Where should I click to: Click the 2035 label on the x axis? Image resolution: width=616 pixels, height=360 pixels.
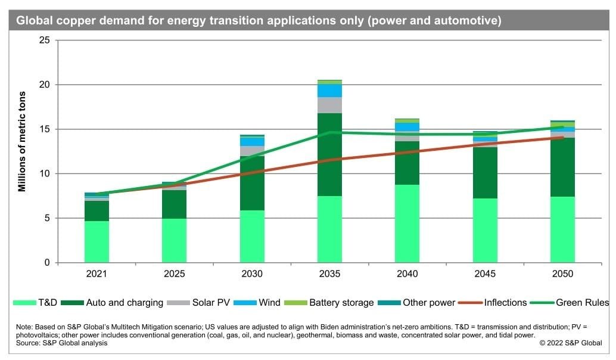click(x=329, y=274)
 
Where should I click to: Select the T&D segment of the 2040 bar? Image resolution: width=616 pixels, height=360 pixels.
click(x=407, y=224)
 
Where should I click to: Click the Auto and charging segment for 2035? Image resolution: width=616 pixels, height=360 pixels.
click(x=329, y=155)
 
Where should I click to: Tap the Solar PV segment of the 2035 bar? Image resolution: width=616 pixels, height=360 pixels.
click(x=329, y=105)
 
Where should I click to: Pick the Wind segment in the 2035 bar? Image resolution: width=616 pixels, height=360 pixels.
click(x=329, y=91)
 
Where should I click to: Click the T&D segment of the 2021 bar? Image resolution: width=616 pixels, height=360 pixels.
click(x=97, y=241)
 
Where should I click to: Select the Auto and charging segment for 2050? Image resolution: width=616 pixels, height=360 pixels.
click(x=562, y=167)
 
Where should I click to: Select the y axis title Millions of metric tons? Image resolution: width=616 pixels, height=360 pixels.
click(x=22, y=141)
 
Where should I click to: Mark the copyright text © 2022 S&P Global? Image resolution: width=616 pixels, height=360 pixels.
click(x=571, y=343)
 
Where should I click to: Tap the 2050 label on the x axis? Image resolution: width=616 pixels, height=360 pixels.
click(x=562, y=274)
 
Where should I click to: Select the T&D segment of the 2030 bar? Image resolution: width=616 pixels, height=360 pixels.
click(x=252, y=237)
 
